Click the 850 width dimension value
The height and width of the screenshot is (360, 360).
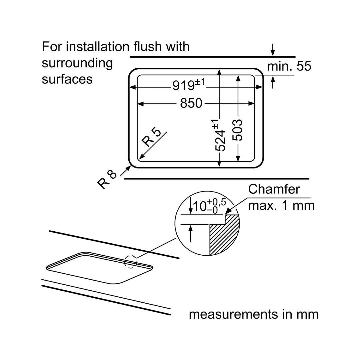191,103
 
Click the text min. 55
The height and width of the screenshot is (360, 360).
289,66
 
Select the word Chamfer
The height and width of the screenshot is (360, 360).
274,189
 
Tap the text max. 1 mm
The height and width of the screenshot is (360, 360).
281,205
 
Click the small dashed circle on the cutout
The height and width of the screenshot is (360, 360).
131,262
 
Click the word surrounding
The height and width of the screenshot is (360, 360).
77,63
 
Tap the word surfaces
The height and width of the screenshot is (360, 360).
67,79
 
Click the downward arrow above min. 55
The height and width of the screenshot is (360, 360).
273,50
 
